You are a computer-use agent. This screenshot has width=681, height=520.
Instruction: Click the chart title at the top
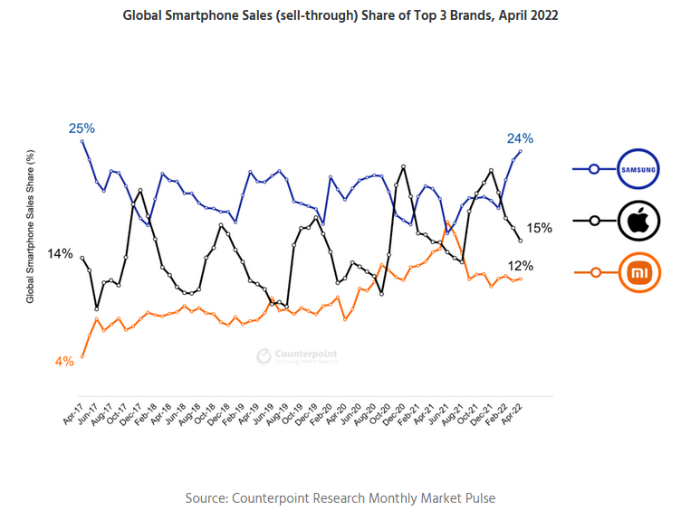(340, 15)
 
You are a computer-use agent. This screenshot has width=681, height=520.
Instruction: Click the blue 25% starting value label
(82, 128)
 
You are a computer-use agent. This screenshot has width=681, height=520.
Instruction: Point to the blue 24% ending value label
(520, 138)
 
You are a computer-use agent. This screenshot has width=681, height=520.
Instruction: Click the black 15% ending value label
(540, 228)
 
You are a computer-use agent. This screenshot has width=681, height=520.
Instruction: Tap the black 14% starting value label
(60, 254)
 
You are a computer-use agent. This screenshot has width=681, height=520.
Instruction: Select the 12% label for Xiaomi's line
(520, 266)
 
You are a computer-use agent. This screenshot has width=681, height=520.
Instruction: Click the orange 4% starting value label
(64, 361)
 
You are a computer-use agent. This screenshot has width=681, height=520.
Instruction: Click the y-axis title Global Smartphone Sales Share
(30, 226)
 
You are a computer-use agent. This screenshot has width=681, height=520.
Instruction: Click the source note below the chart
(340, 498)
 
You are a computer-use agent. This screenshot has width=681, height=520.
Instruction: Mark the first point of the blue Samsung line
(82, 141)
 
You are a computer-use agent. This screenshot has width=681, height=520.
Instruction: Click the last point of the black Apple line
(520, 241)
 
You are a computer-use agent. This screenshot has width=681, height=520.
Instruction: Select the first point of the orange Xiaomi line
(82, 356)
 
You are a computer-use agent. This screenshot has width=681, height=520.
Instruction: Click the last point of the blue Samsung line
(520, 151)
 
